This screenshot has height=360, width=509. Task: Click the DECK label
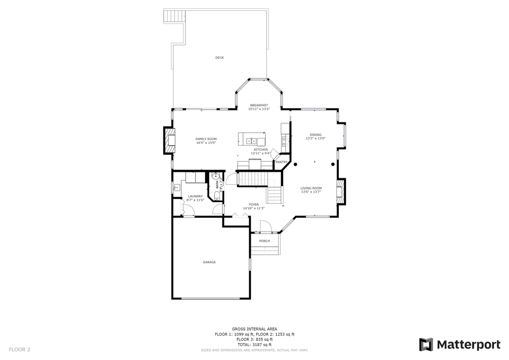tap(220, 58)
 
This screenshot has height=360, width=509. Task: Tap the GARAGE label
tap(209, 262)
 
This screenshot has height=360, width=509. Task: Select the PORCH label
tap(265, 241)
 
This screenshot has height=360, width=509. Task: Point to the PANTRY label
tap(281, 162)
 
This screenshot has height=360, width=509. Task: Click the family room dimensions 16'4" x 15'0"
tap(206, 143)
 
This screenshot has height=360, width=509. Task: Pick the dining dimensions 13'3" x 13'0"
tap(315, 138)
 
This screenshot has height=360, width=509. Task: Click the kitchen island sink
tap(252, 141)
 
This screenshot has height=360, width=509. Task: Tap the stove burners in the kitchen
tap(285, 141)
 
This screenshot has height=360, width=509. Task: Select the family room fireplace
tap(170, 140)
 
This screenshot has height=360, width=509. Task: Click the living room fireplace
tap(341, 192)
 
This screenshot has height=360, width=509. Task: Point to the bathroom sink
tap(216, 176)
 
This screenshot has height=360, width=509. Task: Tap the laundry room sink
tap(177, 188)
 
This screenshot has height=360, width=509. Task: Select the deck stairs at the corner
tap(174, 16)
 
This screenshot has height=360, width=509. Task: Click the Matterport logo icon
tap(426, 344)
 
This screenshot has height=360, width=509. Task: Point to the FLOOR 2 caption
tap(20, 350)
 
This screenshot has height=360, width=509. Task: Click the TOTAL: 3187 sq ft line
tap(254, 344)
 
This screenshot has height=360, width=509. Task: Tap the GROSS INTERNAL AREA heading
tap(254, 329)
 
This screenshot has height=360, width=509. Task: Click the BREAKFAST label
tap(259, 105)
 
